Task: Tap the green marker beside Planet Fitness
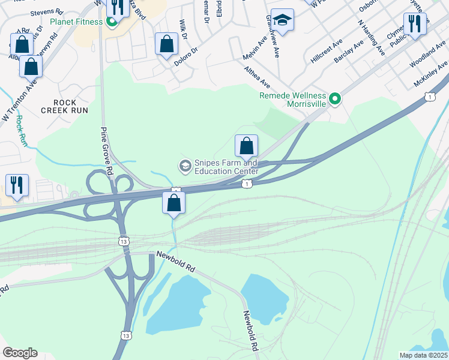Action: [x=111, y=23]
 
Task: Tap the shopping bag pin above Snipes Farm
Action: [x=246, y=146]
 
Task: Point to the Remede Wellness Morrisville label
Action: [x=292, y=100]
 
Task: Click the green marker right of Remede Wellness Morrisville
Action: [x=336, y=98]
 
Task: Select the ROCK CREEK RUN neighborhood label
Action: [x=64, y=106]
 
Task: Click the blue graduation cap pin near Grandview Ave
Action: [x=282, y=20]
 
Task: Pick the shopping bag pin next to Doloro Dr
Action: [x=166, y=44]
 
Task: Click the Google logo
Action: [x=20, y=353]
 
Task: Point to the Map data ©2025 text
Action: [x=424, y=355]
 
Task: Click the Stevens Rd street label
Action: [x=46, y=11]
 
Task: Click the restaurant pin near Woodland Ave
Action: [x=414, y=25]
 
